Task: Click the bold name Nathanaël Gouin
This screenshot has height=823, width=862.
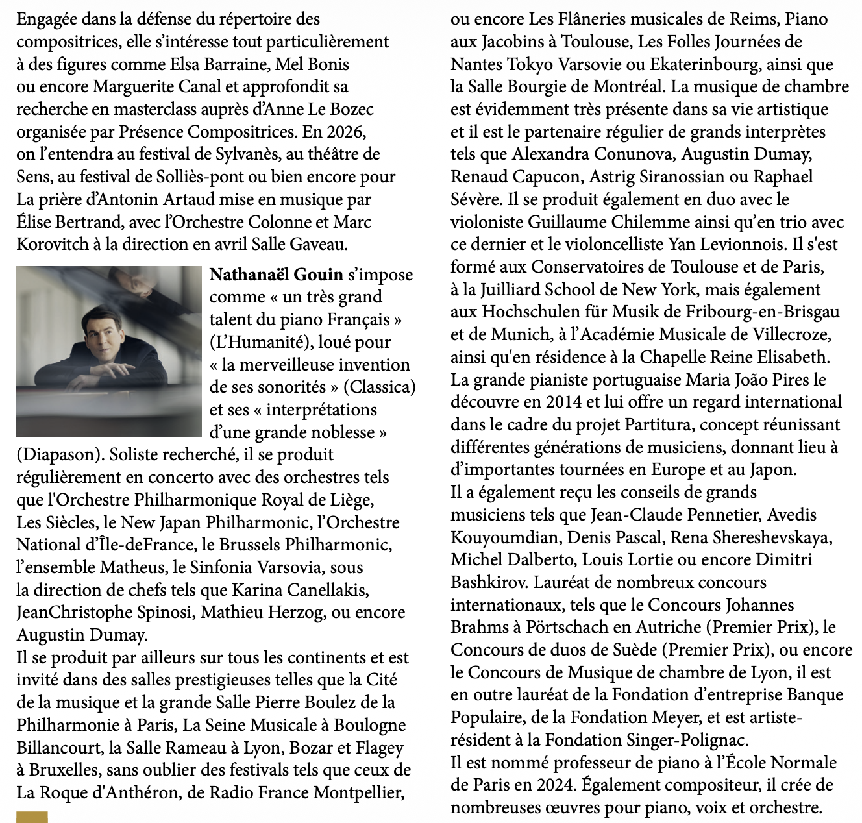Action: [277, 275]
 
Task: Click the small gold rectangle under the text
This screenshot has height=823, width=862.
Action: [32, 817]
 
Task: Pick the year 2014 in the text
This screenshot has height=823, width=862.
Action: [564, 402]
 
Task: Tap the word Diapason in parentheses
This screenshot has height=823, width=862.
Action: [58, 454]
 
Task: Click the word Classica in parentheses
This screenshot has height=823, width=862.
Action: [379, 387]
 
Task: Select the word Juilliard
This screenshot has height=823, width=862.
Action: [517, 289]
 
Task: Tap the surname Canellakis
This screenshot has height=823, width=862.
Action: [321, 590]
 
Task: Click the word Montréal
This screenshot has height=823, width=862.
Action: [627, 87]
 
